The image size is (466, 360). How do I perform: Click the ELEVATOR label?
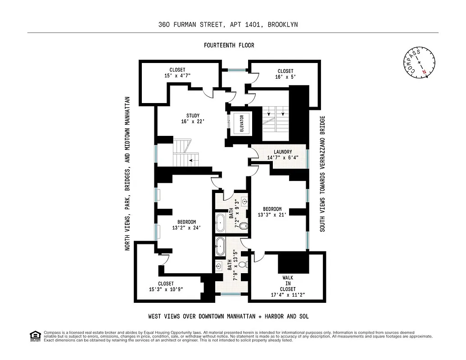[x=241, y=123]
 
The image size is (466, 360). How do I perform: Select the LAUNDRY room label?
[x=282, y=155]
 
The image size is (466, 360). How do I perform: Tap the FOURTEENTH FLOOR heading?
[x=229, y=45]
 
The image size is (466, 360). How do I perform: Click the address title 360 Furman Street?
[x=228, y=25]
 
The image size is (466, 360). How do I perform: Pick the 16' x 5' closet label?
[x=285, y=74]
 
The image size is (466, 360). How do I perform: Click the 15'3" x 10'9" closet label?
[x=166, y=287]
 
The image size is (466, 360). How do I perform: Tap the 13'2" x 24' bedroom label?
[x=186, y=225]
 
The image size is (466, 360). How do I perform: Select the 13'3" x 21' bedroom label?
[x=272, y=211]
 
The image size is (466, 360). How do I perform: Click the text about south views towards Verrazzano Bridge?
[x=322, y=174]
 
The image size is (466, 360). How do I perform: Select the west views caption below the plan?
[x=228, y=316]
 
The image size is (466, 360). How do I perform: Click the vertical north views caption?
[x=128, y=174]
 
